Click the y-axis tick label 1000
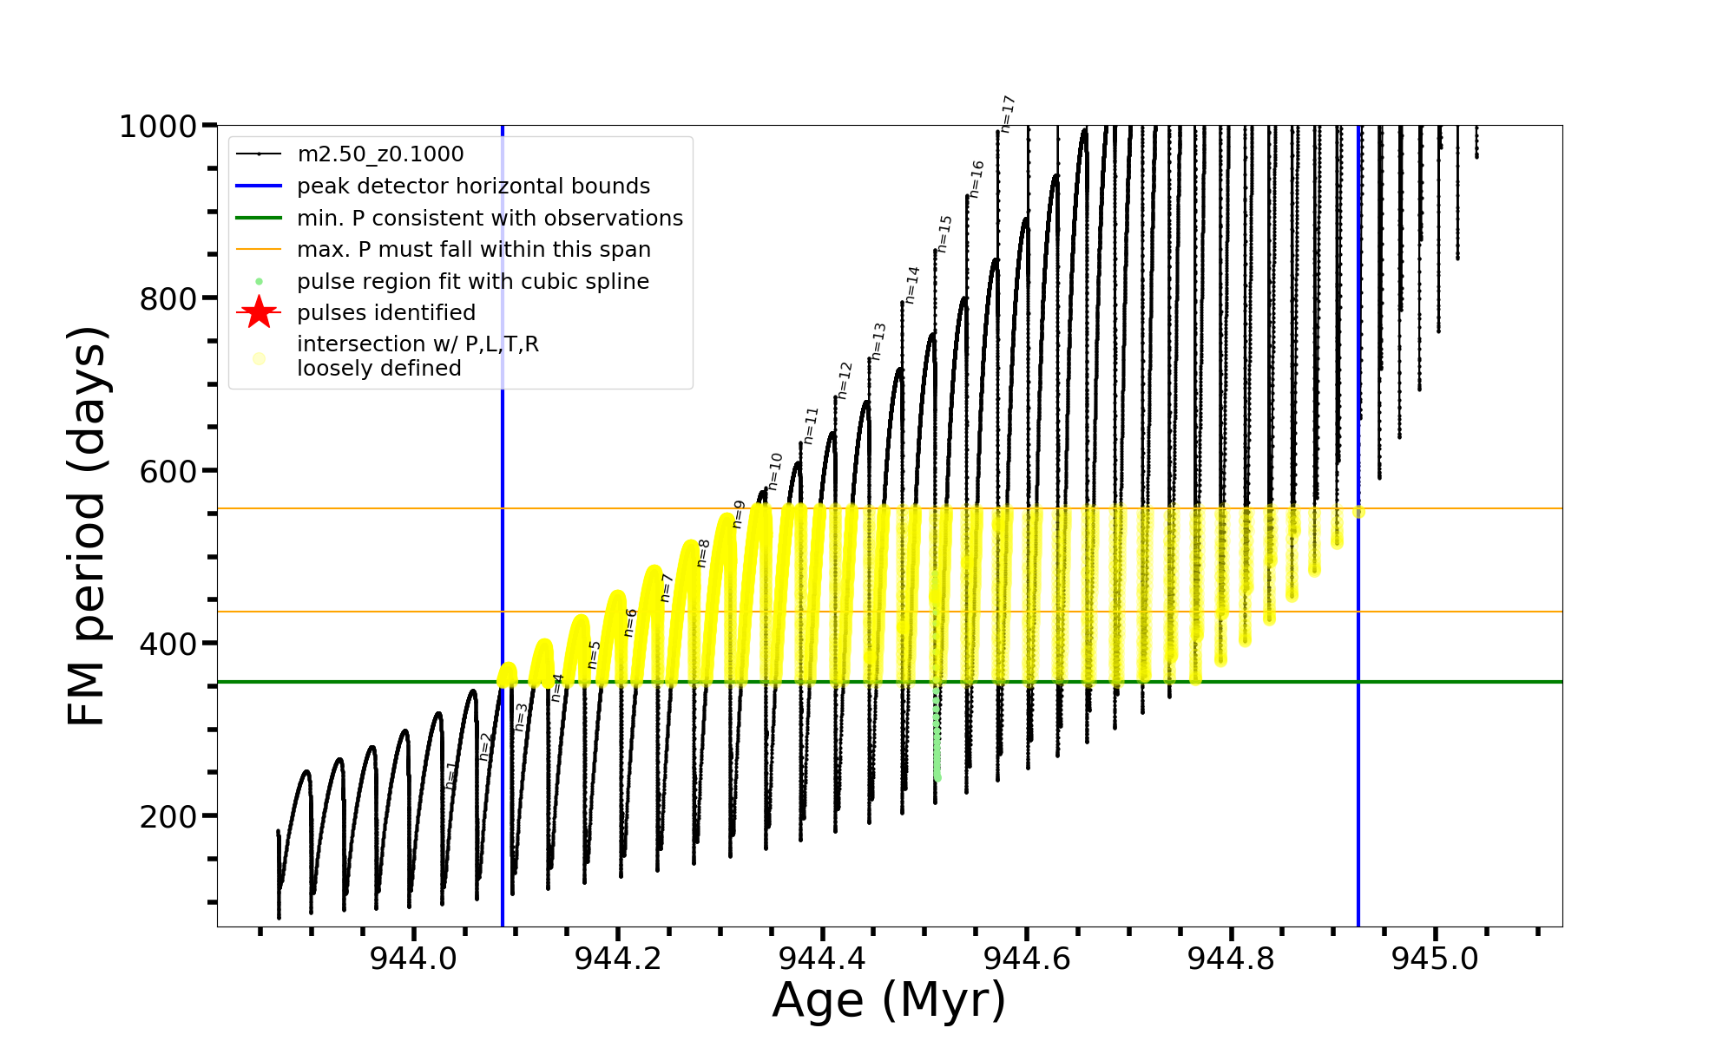pyautogui.click(x=158, y=127)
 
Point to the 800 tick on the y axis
pyautogui.click(x=168, y=299)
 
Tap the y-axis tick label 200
pyautogui.click(x=168, y=817)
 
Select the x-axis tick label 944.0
pyautogui.click(x=413, y=959)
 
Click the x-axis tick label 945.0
pyautogui.click(x=1435, y=959)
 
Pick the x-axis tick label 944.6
pyautogui.click(x=1026, y=959)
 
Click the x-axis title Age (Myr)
pyautogui.click(x=889, y=1000)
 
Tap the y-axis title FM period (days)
pyautogui.click(x=87, y=526)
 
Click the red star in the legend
pyautogui.click(x=259, y=312)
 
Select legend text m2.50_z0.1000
pyautogui.click(x=380, y=154)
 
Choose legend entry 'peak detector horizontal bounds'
pyautogui.click(x=473, y=187)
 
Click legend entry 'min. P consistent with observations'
pyautogui.click(x=490, y=219)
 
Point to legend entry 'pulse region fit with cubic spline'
pyautogui.click(x=472, y=282)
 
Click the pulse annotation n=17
pyautogui.click(x=1007, y=114)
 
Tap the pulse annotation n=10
pyautogui.click(x=775, y=471)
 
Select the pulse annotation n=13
pyautogui.click(x=878, y=341)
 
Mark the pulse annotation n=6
pyautogui.click(x=631, y=622)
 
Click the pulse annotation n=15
pyautogui.click(x=944, y=234)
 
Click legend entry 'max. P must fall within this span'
pyautogui.click(x=473, y=250)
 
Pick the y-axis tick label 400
pyautogui.click(x=168, y=645)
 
